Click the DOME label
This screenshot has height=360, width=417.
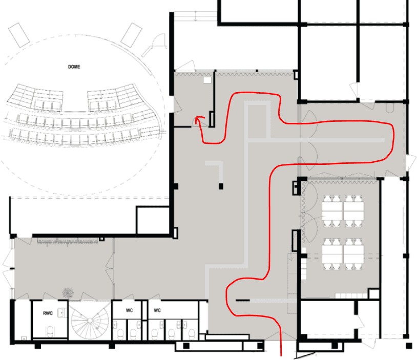pos(74,67)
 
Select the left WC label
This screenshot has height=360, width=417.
pos(130,310)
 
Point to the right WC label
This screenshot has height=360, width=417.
pos(157,310)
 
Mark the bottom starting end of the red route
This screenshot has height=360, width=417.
pos(281,353)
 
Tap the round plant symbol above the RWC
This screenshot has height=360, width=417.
pos(68,292)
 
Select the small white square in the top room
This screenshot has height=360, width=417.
pos(207,80)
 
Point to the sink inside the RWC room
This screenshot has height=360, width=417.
pos(61,312)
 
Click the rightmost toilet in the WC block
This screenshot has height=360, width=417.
pos(191,333)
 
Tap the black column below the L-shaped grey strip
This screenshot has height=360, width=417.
pos(221,185)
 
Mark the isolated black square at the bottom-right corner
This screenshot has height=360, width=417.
pos(409,346)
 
